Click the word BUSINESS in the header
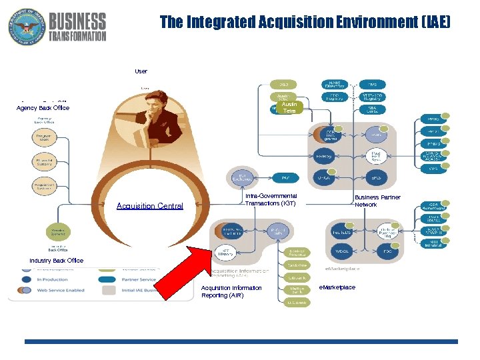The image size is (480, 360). point(77,22)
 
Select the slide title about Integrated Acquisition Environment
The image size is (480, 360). point(305,23)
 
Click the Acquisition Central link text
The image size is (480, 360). point(149,206)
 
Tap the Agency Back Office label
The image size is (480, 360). point(43,108)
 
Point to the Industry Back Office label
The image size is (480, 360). point(57,261)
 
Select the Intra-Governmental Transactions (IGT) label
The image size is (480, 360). point(271,199)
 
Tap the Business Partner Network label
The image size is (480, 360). point(377,201)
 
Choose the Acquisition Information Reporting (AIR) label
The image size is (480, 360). point(231,291)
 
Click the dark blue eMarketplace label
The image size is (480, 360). point(337,287)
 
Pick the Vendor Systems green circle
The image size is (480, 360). point(58,232)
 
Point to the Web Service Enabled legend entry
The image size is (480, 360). point(60,290)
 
